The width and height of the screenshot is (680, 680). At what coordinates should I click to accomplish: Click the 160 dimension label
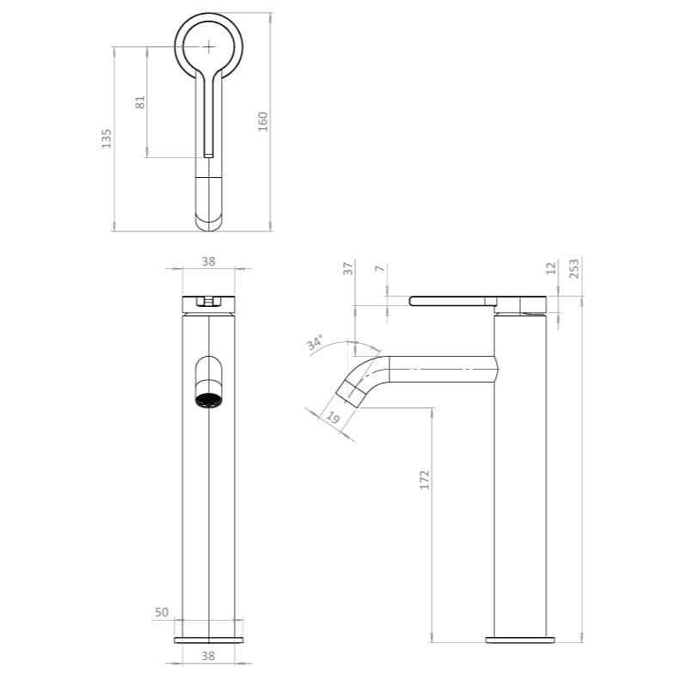click(263, 120)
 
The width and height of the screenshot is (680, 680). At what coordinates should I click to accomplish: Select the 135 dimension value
click(107, 138)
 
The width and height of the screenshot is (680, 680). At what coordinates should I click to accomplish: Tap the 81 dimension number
click(140, 101)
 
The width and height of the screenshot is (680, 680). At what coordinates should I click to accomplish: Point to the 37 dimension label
click(348, 268)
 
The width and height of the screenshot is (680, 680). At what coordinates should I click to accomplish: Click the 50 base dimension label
click(161, 612)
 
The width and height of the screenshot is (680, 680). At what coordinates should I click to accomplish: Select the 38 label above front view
click(208, 262)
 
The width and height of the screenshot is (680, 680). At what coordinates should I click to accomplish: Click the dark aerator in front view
click(209, 401)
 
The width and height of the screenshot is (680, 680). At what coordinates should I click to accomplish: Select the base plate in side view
click(521, 640)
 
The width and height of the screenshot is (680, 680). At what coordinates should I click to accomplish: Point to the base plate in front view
click(209, 640)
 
